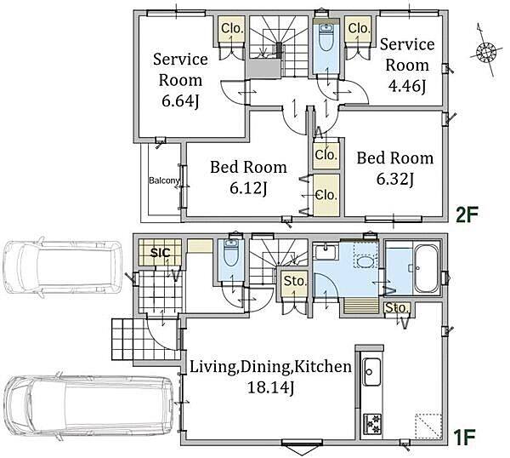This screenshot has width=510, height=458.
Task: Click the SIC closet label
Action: tap(160, 252)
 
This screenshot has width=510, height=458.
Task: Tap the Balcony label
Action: tap(164, 180)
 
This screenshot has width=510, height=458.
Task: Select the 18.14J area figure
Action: tap(270, 388)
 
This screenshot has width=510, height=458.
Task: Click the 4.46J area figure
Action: tap(407, 86)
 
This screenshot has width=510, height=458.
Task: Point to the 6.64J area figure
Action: tap(180, 101)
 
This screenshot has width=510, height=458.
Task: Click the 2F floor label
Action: tap(467, 215)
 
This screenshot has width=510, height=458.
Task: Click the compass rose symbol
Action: tap(485, 51)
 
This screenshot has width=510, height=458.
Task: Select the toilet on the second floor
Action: tap(326, 37)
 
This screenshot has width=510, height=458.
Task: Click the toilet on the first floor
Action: tap(231, 255)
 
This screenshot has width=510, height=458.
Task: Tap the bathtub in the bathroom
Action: tap(425, 268)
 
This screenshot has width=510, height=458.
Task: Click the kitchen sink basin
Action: tap(371, 371)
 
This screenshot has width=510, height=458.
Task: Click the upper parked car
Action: tap(62, 268)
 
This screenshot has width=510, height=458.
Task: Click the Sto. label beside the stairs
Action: tap(295, 281)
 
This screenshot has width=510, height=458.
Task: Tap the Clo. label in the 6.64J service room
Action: tap(232, 28)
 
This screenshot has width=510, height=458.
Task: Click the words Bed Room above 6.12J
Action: tap(248, 167)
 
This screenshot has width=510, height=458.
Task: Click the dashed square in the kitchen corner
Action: tap(428, 427)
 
